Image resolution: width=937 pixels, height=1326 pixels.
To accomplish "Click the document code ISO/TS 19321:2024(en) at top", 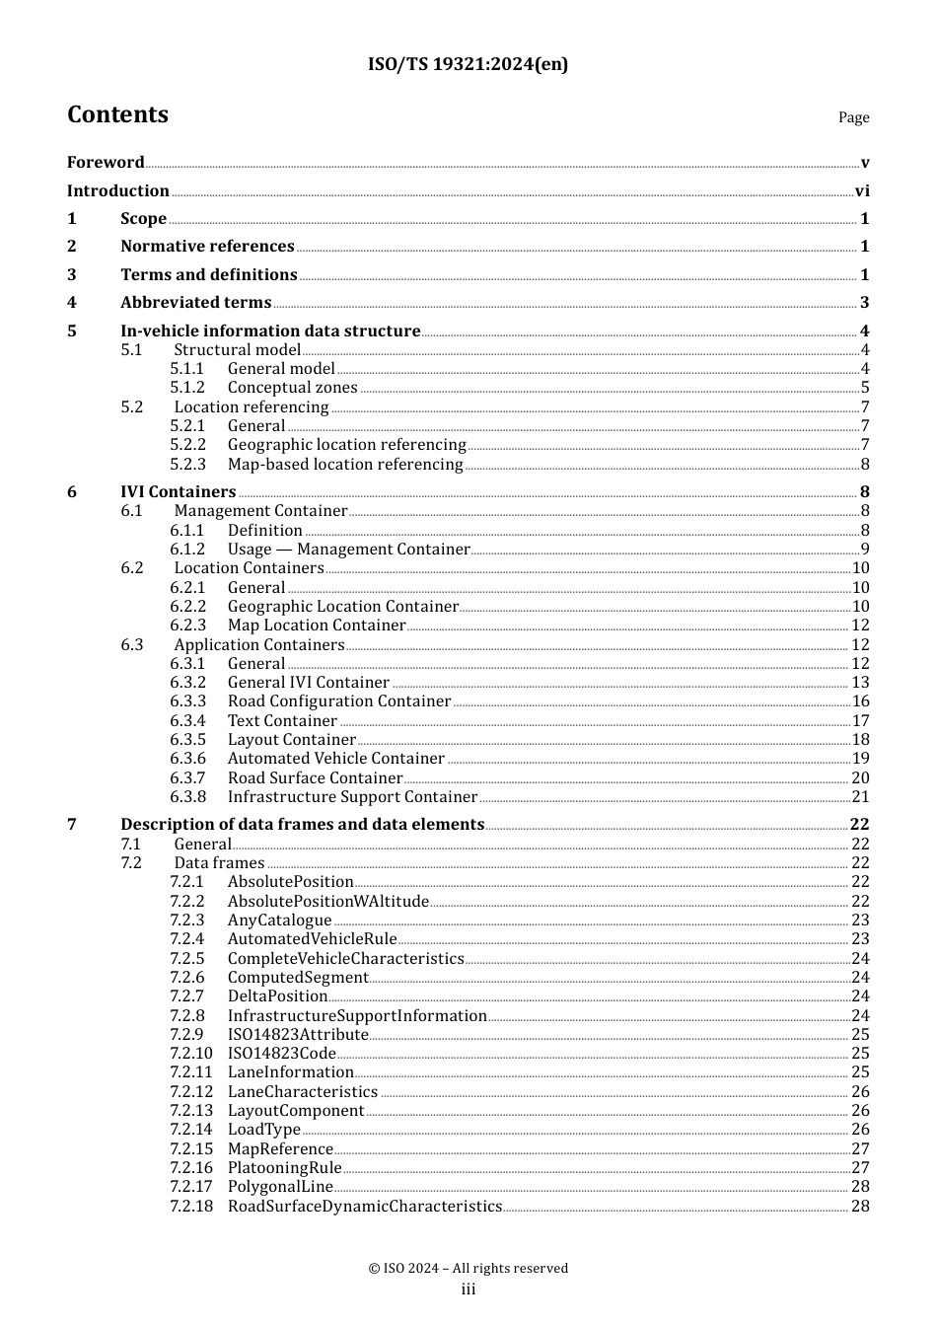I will (468, 65).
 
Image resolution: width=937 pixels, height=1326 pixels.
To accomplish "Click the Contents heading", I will (117, 115).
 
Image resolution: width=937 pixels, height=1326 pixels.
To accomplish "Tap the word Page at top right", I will (853, 117).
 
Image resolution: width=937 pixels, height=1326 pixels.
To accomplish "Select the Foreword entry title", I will (106, 163).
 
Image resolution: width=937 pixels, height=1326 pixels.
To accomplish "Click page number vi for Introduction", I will (862, 191).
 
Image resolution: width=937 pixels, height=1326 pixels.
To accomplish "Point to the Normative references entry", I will (207, 247).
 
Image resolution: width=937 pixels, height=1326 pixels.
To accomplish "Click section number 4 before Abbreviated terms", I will (72, 303).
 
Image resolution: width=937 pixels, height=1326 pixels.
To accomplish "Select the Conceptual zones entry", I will (292, 388).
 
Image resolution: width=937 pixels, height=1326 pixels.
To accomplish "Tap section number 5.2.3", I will (187, 465).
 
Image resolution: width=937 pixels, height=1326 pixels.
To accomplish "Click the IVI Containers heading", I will (178, 492).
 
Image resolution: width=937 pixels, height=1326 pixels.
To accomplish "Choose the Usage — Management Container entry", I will (348, 550).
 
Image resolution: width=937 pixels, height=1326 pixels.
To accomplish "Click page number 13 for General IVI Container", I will (860, 683).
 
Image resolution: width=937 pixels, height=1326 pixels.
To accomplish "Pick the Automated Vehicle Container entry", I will (335, 759).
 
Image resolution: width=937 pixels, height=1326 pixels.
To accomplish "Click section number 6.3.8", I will (187, 797).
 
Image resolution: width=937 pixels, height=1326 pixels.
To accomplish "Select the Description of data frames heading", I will (302, 825).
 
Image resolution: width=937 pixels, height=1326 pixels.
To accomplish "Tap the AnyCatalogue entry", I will (279, 921).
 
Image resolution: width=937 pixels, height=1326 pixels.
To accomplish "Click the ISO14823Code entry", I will (282, 1054).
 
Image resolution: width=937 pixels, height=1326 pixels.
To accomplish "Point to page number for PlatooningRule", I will (860, 1168).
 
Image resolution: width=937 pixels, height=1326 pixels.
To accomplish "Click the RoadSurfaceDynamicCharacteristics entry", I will (364, 1207).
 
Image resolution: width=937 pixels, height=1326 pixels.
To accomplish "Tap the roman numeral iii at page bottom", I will (468, 1289).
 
